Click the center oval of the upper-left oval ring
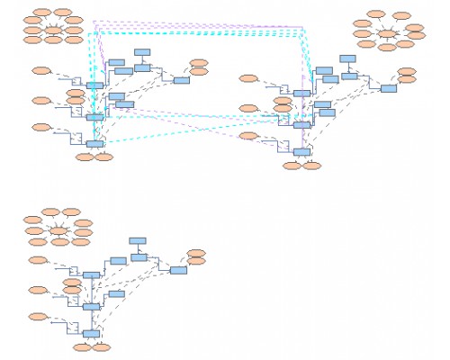click(x=53, y=31)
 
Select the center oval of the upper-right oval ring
click(x=387, y=34)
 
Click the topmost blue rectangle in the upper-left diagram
click(x=142, y=52)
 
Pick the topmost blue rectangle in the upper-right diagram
click(x=347, y=59)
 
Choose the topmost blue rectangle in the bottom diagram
click(x=138, y=240)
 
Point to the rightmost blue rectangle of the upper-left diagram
click(x=181, y=80)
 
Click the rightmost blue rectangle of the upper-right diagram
click(x=389, y=88)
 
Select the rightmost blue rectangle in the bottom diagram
click(x=178, y=270)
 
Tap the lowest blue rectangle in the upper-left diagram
click(x=94, y=144)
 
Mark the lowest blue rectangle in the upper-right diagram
click(x=301, y=152)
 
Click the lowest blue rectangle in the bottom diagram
click(x=91, y=334)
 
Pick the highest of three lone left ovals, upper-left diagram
click(x=40, y=70)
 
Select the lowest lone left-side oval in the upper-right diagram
click(x=247, y=137)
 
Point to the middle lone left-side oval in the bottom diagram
click(x=38, y=290)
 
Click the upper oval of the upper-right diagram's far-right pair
click(x=407, y=71)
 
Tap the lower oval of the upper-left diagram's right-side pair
click(x=199, y=71)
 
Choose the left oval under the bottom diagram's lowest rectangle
click(x=83, y=346)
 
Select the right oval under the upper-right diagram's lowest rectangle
click(x=311, y=166)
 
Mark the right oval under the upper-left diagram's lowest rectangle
click(x=104, y=157)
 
